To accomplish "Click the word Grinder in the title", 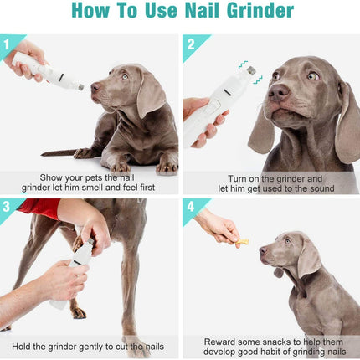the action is (260, 10).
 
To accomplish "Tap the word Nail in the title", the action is (203, 10).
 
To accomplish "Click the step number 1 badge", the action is (6, 44).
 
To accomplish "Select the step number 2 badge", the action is (191, 44).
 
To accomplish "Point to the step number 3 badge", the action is (6, 207).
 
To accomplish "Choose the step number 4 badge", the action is (191, 207).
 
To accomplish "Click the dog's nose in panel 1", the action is (95, 87).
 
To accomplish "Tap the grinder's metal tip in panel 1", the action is (81, 87).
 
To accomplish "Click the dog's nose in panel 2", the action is (279, 92).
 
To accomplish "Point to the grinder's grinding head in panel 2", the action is (251, 70).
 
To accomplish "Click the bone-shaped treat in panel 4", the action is (242, 242).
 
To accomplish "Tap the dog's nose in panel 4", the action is (263, 250).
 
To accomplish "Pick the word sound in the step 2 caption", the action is (321, 188).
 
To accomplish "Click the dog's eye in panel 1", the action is (125, 76).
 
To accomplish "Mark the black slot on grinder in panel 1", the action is (61, 76).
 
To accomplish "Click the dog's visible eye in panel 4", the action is (287, 241).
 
